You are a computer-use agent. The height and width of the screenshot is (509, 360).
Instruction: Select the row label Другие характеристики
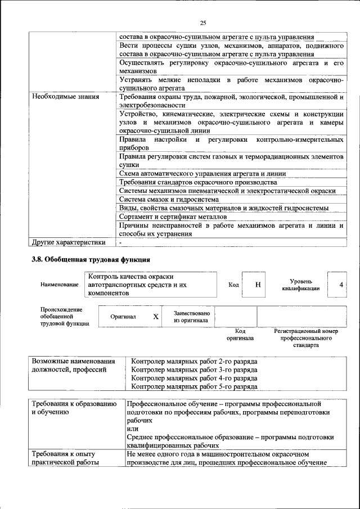[69, 242]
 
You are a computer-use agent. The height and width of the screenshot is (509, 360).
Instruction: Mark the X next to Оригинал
[156, 317]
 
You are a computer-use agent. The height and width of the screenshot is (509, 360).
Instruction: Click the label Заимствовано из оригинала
[191, 317]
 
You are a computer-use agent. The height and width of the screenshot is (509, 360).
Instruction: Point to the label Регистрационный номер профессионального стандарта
[305, 338]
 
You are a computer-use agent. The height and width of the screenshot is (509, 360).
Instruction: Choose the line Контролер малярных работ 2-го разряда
[194, 361]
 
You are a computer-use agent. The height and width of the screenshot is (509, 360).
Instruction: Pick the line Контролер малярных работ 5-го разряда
[194, 387]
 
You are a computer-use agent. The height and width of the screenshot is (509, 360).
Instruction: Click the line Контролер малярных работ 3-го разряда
[194, 370]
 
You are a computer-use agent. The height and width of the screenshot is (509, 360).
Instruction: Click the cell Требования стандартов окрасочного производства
[198, 182]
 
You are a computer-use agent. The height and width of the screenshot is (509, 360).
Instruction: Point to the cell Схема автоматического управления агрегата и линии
[202, 174]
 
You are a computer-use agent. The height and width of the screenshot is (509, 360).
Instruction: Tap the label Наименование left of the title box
[59, 285]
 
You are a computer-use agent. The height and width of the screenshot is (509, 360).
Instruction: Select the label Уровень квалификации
[301, 285]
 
